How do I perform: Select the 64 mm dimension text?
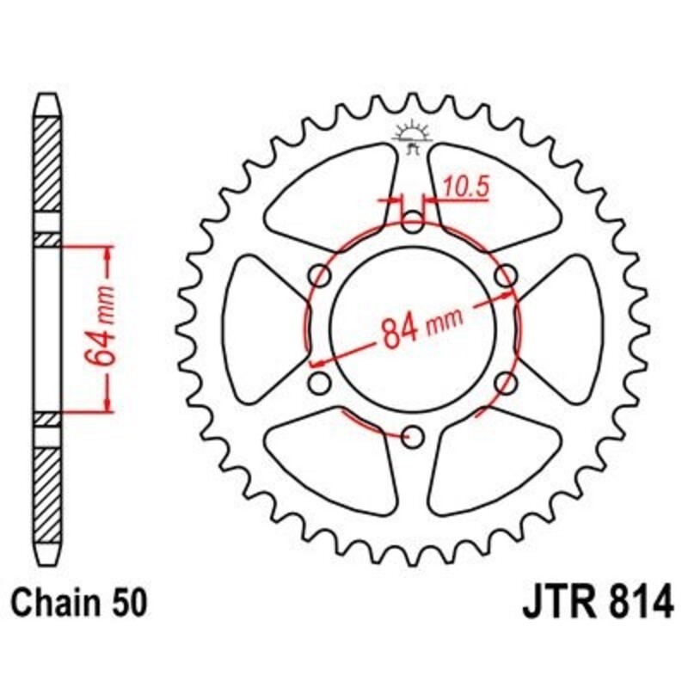[102, 329]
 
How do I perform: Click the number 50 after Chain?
[126, 600]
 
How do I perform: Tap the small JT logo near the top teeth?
[412, 137]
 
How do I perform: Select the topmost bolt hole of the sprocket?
[413, 225]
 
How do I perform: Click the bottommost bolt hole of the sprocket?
[413, 437]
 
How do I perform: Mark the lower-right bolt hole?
[505, 383]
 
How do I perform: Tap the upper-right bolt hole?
[507, 275]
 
